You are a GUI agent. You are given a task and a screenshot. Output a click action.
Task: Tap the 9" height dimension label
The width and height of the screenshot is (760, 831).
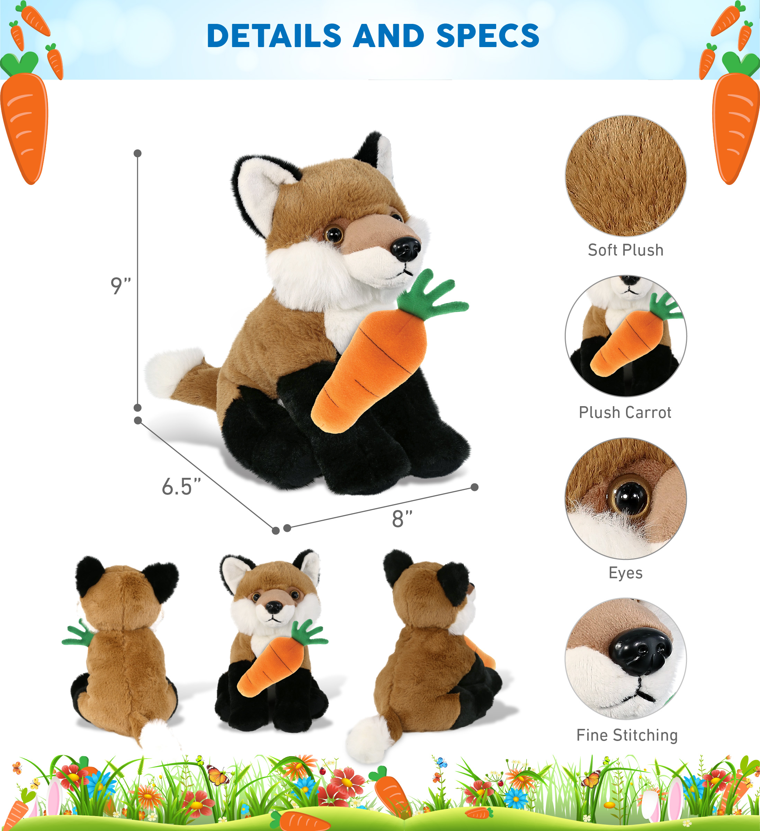click(120, 286)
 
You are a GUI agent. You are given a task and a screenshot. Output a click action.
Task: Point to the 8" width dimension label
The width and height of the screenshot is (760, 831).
click(402, 519)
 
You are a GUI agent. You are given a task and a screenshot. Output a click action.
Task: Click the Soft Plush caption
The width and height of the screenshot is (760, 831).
click(626, 250)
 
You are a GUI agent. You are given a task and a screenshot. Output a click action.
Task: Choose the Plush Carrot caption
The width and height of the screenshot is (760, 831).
click(625, 413)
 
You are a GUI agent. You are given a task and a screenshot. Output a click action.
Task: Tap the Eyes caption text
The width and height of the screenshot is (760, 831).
click(626, 573)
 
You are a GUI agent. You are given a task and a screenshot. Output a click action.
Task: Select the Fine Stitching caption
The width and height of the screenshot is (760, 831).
click(627, 735)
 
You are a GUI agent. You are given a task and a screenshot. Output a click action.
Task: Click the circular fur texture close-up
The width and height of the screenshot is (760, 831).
click(626, 176)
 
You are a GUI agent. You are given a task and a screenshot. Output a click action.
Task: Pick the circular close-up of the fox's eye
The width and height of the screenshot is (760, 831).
click(626, 498)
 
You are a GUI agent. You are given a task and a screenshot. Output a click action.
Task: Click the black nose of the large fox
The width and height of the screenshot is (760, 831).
click(406, 249)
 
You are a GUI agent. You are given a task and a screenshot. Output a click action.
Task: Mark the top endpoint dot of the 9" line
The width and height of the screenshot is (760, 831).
click(138, 153)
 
